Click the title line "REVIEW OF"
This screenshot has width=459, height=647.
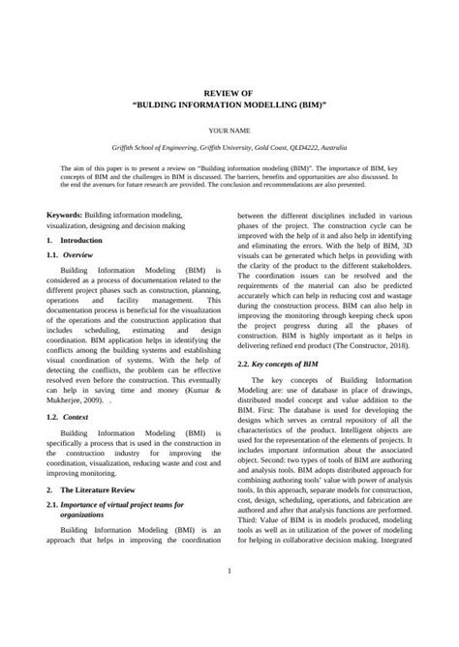pos(229,85)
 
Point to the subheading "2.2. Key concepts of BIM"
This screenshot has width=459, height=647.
pos(291,364)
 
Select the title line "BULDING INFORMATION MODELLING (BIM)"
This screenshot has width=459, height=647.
pos(229,100)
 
